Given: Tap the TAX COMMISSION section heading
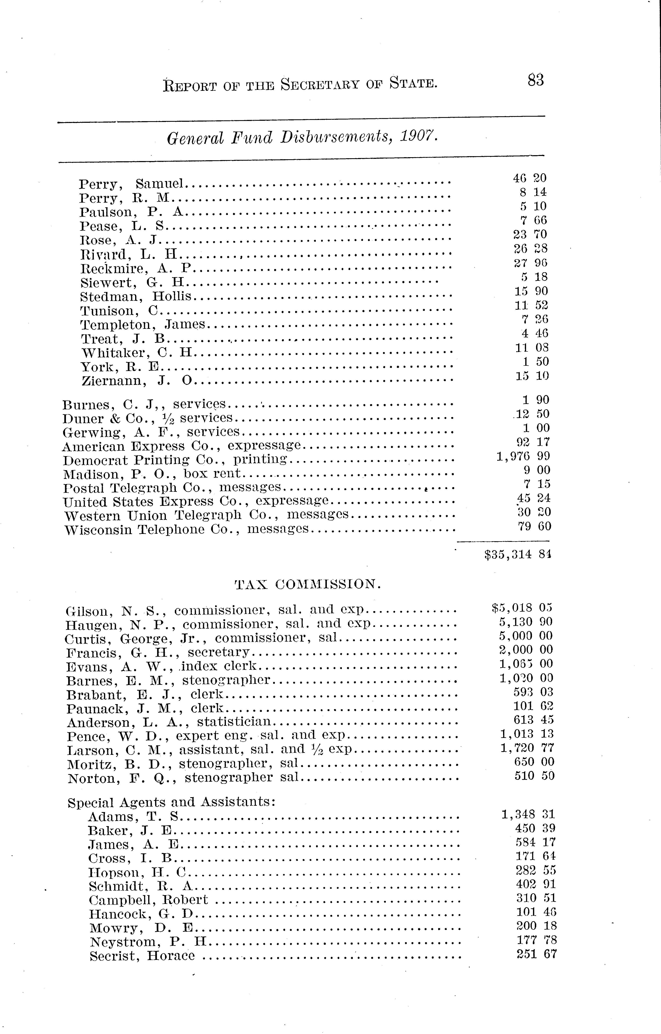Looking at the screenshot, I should coord(308,584).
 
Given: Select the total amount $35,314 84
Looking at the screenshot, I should coord(517,555).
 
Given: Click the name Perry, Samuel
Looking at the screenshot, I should coord(131,184).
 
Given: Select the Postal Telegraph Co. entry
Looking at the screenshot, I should coord(172,488).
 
